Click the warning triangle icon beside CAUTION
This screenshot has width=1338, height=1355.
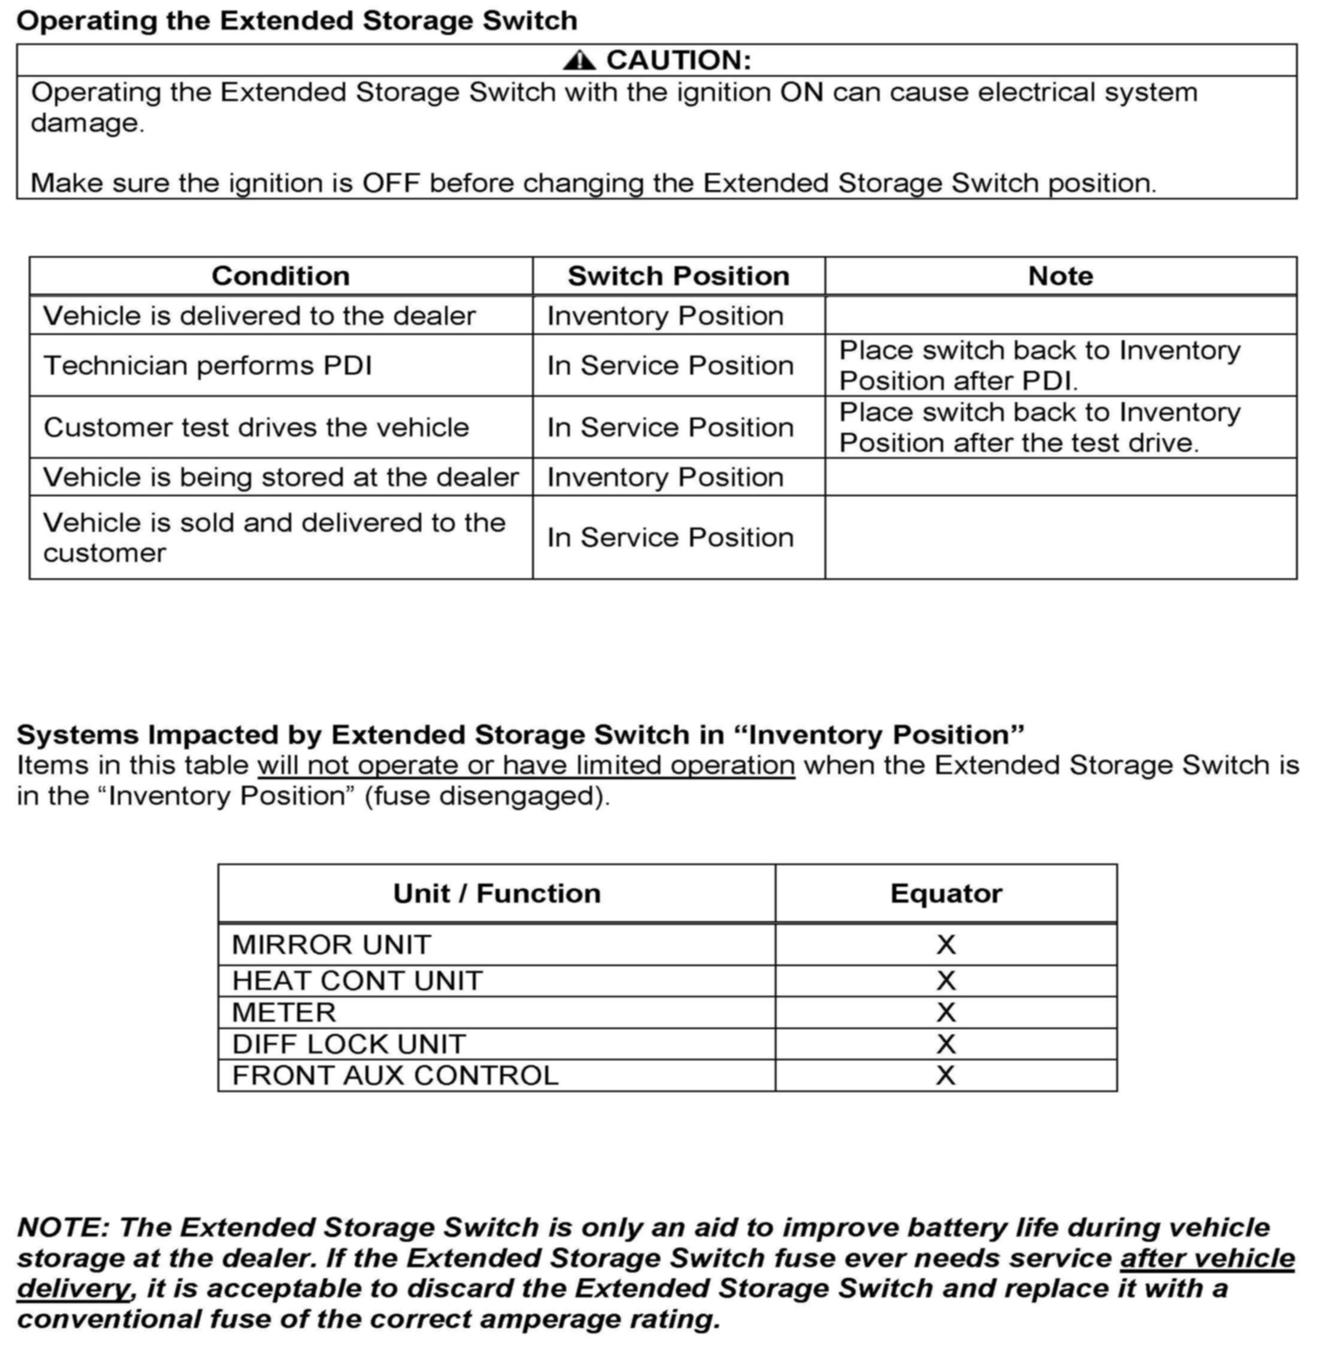coord(579,61)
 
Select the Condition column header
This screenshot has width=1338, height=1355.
coord(280,276)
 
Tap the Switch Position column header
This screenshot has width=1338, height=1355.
coord(678,276)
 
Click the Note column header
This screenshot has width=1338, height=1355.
coord(1061,276)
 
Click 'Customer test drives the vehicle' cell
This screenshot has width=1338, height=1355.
coord(256,427)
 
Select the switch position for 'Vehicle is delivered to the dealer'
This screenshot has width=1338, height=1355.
coord(665,316)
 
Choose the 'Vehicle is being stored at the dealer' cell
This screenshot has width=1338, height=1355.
coord(280,477)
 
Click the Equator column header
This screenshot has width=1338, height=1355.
coord(946,894)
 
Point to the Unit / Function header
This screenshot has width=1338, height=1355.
coord(497,894)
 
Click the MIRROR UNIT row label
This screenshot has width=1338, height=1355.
coord(331,944)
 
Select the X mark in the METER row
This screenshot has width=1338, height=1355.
coord(946,1012)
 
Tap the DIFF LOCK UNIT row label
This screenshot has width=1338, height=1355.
coord(349,1045)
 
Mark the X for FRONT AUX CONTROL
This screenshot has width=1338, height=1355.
coord(946,1076)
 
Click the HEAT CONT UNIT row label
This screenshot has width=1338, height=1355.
coord(357,980)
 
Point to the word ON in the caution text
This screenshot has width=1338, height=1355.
coord(802,92)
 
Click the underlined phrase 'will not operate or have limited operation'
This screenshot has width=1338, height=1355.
coord(526,765)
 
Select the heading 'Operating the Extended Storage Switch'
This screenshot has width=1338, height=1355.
coord(297,21)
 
